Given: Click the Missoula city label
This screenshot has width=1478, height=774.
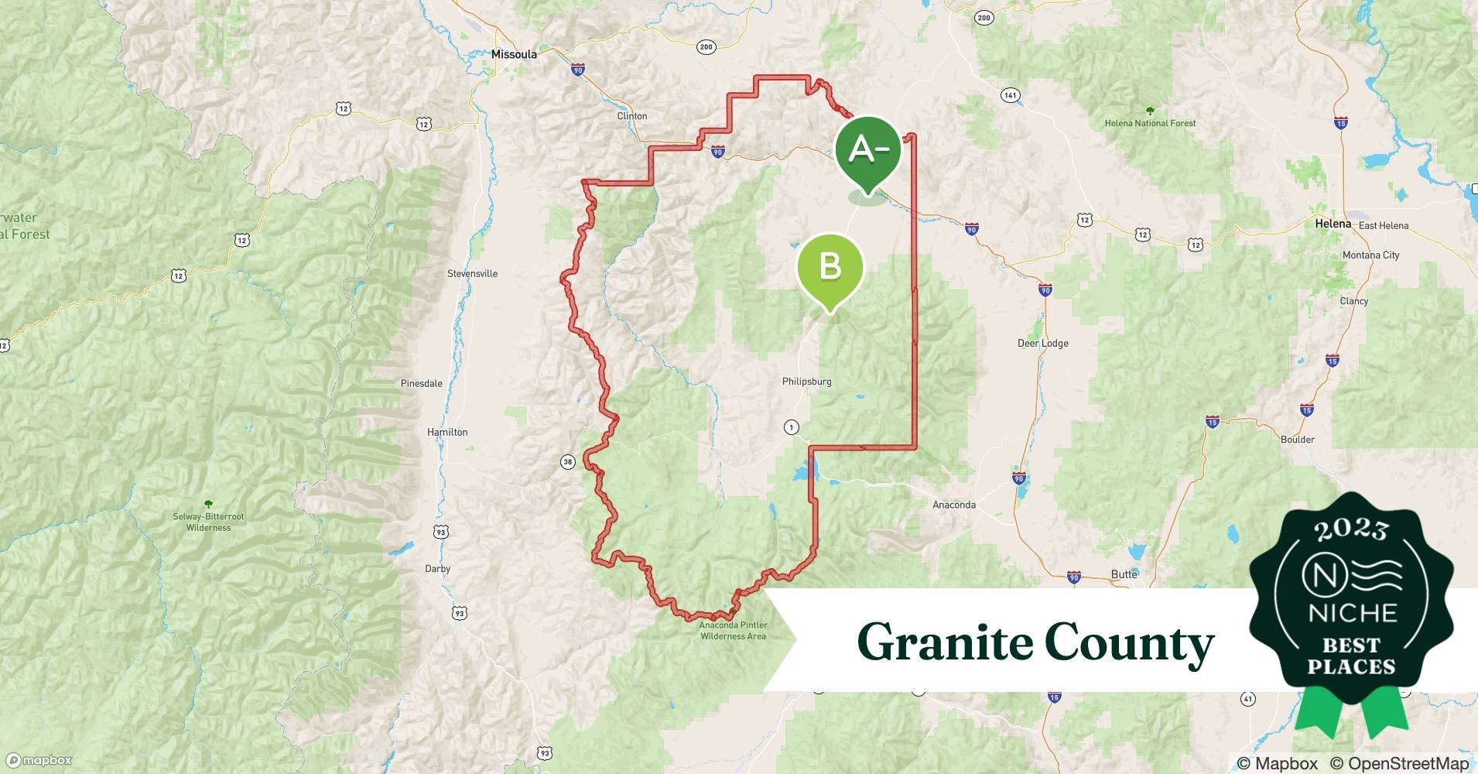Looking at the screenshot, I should (x=514, y=54).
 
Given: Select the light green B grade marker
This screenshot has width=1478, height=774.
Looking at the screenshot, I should (x=830, y=267).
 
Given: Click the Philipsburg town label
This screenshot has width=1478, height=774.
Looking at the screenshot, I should (x=806, y=382).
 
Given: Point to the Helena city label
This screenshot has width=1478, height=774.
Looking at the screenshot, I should (x=1333, y=224).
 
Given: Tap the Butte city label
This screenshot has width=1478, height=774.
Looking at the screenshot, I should (x=1124, y=574).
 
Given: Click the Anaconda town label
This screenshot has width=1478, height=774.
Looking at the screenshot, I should (x=953, y=505).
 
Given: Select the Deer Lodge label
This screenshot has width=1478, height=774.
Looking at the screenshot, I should (x=1042, y=343).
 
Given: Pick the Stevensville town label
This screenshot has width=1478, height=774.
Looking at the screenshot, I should (x=472, y=273).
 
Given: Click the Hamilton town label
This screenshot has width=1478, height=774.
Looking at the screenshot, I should (x=447, y=432).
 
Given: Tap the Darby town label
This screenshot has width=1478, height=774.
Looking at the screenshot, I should (x=437, y=568).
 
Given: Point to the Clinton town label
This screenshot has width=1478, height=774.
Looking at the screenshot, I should (x=631, y=116).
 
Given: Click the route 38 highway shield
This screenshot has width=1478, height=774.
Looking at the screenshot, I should (x=567, y=462).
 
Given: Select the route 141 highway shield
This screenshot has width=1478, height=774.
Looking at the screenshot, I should (x=1010, y=95).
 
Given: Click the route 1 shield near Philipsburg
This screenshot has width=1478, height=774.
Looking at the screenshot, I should (x=791, y=427).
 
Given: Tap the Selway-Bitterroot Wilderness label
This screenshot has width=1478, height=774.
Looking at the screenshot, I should (x=208, y=522).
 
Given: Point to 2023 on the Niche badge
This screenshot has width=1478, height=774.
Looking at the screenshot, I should (x=1351, y=530).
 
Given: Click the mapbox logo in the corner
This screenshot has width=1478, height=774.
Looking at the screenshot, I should (x=39, y=761).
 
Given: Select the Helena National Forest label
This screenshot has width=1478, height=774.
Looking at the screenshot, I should (x=1150, y=123).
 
